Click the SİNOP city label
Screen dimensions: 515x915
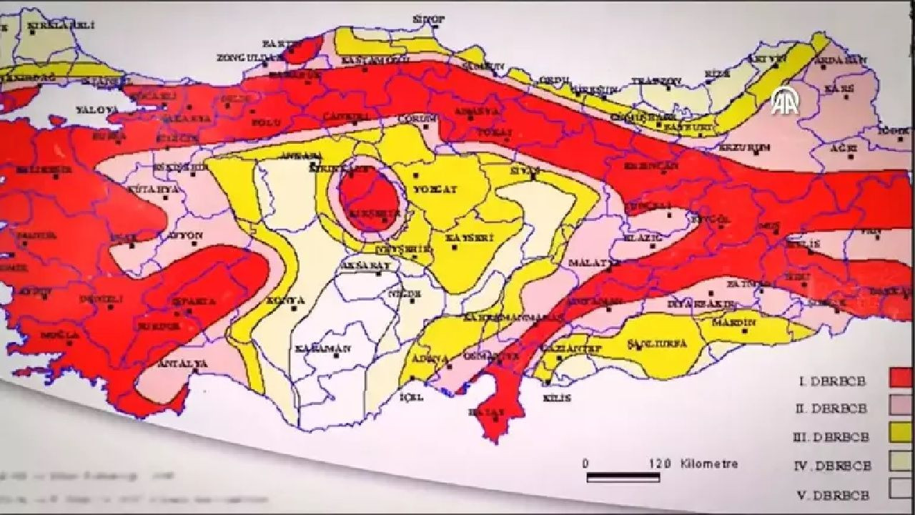tap(429, 19)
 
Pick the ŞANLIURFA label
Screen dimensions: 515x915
tap(656, 344)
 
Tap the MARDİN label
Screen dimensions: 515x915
tap(733, 323)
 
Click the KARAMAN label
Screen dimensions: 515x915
tap(323, 349)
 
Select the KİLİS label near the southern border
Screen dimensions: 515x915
tap(557, 398)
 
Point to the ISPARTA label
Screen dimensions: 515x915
tap(194, 302)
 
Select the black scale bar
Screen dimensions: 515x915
tap(623, 476)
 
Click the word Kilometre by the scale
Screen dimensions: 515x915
tap(709, 464)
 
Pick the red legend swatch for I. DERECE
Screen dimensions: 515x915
tap(901, 378)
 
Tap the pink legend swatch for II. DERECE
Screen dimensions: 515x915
tap(901, 405)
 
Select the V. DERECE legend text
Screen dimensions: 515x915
tap(832, 495)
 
